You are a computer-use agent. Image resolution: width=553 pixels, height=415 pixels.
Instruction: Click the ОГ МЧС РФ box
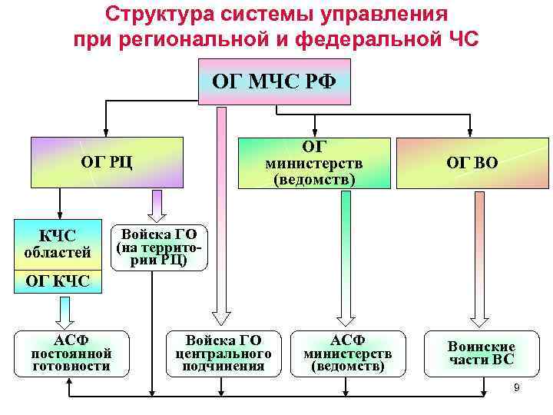click(x=274, y=81)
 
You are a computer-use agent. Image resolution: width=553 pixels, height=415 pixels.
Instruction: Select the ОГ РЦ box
click(x=108, y=161)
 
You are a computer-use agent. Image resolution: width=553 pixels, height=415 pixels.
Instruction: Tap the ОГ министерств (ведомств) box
click(x=315, y=162)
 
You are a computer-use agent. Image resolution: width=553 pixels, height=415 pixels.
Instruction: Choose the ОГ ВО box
click(x=478, y=162)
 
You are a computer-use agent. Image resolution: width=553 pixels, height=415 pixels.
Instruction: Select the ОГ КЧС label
click(x=58, y=281)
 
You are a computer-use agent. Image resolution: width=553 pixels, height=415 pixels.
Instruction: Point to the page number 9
click(x=517, y=387)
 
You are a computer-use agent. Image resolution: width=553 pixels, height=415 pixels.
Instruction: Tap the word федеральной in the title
click(x=367, y=38)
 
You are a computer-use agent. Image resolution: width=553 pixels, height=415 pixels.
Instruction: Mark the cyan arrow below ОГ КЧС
click(x=65, y=310)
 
